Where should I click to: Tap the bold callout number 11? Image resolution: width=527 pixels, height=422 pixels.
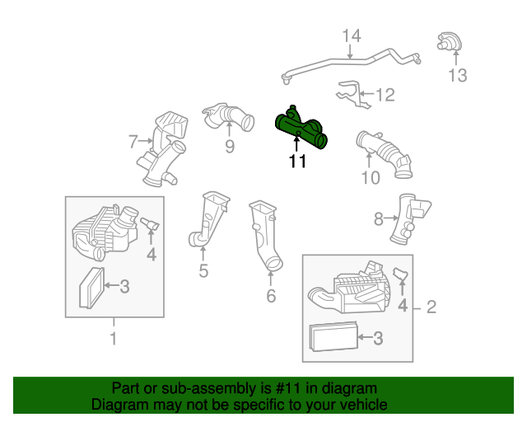coord(298,162)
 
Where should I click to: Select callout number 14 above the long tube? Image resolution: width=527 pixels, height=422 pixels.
coord(352,36)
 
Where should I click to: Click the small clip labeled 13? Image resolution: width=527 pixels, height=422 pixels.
coord(450,42)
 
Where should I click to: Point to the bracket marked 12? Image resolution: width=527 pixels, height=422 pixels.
coord(353,94)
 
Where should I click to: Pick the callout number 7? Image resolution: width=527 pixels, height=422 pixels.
coord(133,141)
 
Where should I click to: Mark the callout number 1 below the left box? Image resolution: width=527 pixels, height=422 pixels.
coord(114,338)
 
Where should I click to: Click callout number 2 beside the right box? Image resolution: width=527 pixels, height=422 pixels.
coord(431,307)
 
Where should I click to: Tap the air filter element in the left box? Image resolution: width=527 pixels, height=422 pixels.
coord(91,288)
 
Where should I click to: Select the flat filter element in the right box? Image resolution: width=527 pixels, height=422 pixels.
coord(333,336)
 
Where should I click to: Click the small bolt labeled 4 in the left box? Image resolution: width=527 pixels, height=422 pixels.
coord(150,224)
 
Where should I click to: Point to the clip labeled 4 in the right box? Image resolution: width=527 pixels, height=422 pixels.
coord(401,274)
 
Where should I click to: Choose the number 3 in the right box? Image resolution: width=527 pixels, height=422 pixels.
coord(378,338)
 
